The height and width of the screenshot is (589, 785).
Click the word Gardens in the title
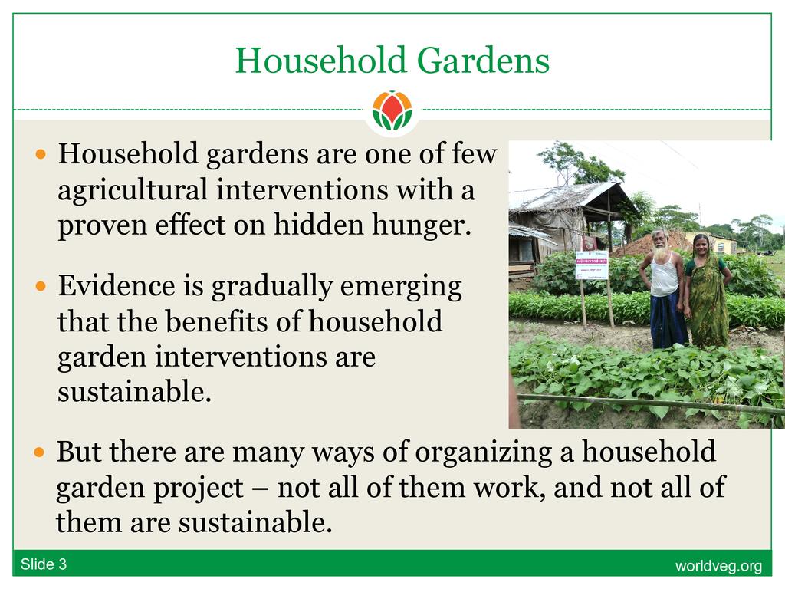[x=483, y=60]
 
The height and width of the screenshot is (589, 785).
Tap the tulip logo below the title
[x=392, y=110]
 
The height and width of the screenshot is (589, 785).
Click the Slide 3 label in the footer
[x=44, y=564]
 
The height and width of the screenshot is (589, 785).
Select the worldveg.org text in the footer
[x=718, y=566]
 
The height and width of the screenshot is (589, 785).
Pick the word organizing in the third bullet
[x=483, y=453]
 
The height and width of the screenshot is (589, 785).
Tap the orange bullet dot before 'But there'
[x=40, y=453]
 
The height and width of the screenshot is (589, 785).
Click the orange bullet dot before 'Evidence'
[x=41, y=287]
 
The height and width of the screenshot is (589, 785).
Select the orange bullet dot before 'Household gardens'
[x=41, y=153]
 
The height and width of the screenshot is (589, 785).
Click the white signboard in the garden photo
[x=591, y=265]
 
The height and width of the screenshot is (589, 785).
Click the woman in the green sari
[x=707, y=291]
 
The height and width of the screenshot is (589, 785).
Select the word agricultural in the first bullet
[x=133, y=191]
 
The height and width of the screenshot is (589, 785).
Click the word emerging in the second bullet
[x=400, y=288]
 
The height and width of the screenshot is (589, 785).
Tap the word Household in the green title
[x=320, y=60]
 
